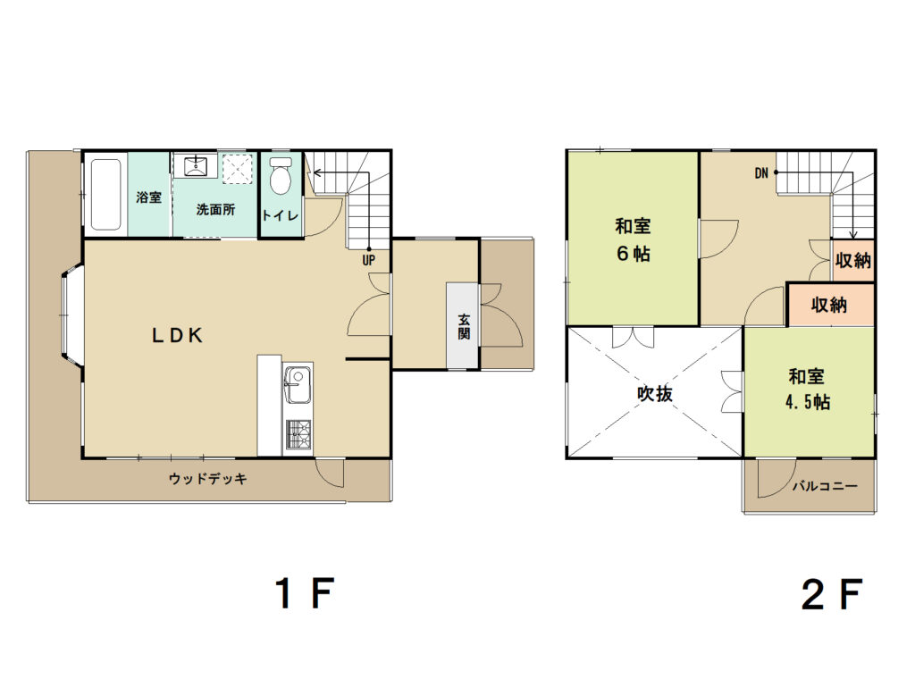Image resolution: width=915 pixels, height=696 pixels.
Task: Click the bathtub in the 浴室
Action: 106,194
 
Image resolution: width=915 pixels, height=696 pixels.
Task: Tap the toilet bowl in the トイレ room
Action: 281,175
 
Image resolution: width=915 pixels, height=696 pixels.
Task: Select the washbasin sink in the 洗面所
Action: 195,165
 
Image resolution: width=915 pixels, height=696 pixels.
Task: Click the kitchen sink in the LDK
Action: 298,384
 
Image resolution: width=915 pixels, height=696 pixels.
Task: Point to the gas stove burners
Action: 298,434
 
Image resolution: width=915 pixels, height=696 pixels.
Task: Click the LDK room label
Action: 178,335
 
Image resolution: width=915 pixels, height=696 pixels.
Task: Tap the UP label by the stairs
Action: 368,260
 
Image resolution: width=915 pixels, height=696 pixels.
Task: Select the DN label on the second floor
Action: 761,172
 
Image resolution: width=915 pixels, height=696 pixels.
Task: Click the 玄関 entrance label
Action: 464,327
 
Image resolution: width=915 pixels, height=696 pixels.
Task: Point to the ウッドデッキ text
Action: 207,479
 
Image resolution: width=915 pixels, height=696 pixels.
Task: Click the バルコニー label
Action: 825,485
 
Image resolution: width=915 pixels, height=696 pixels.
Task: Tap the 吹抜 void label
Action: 655,394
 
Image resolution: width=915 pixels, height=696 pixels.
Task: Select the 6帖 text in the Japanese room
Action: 634,254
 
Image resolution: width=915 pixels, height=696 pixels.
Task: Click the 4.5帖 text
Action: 808,402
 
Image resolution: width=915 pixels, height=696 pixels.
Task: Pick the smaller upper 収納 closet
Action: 852,260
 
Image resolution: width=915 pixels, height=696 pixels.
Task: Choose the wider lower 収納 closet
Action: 830,305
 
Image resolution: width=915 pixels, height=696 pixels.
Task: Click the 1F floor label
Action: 304,593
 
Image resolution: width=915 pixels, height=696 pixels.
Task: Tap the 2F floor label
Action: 832,594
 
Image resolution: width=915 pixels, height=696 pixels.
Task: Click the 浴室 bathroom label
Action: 149,197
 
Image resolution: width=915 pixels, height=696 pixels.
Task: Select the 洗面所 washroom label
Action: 215,209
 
